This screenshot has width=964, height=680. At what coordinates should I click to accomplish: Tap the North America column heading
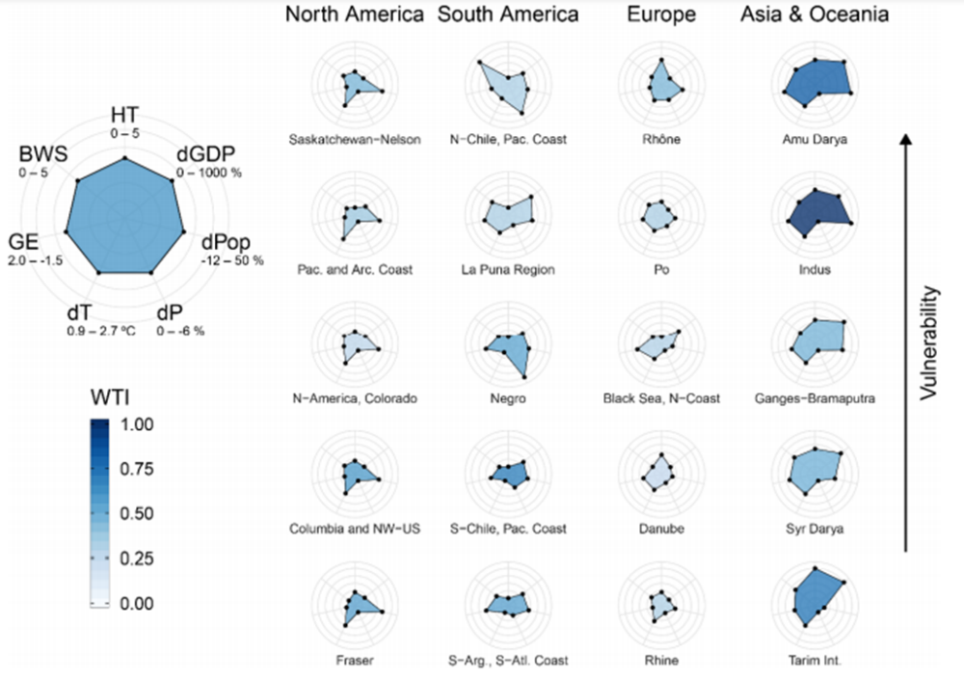355,14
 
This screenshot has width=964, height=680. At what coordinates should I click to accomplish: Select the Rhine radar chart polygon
662,607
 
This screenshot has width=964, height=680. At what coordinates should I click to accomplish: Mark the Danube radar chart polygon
661,474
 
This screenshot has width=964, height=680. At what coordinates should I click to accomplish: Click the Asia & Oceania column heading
816,14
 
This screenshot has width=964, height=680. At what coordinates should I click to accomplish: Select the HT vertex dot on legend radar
124,158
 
